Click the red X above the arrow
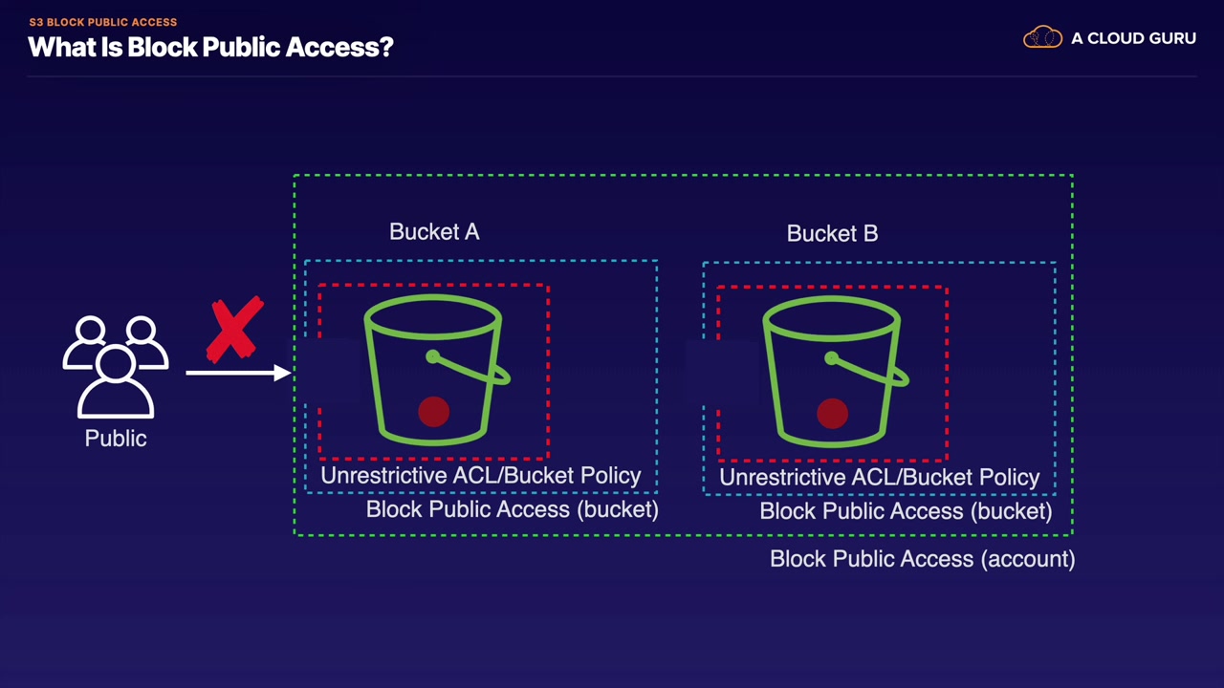235,330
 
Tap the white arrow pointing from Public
238,372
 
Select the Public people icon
116,367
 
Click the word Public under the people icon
116,439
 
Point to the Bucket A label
434,232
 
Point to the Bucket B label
832,234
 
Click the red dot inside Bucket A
434,412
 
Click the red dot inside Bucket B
833,414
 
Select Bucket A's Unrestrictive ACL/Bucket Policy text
480,476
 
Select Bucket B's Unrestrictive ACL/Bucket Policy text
879,478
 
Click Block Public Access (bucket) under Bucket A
512,509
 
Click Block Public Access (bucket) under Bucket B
906,511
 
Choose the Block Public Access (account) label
922,559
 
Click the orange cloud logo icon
1042,38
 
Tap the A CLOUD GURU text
1133,39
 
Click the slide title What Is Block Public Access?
210,47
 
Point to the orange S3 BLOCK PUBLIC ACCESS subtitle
103,22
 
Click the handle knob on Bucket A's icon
433,357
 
